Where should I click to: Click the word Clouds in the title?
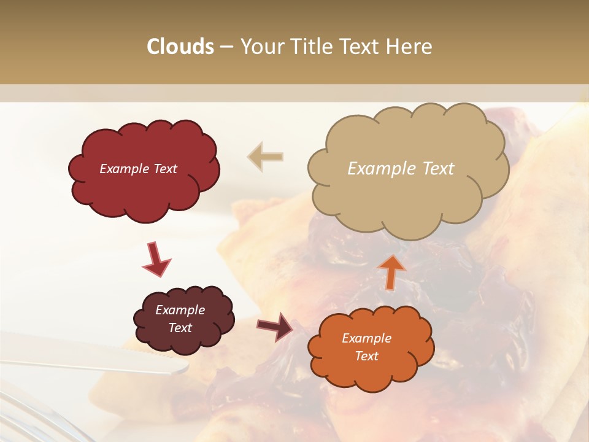[180, 47]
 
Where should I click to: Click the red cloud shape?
[144, 190]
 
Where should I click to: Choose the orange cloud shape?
[371, 371]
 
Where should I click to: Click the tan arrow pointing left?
[266, 157]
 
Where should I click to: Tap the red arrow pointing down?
[156, 260]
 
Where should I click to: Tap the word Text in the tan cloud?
[434, 169]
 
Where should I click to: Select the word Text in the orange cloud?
[366, 356]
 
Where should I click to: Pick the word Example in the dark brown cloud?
[180, 310]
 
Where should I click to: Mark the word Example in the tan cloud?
[379, 169]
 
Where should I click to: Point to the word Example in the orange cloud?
[366, 338]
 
